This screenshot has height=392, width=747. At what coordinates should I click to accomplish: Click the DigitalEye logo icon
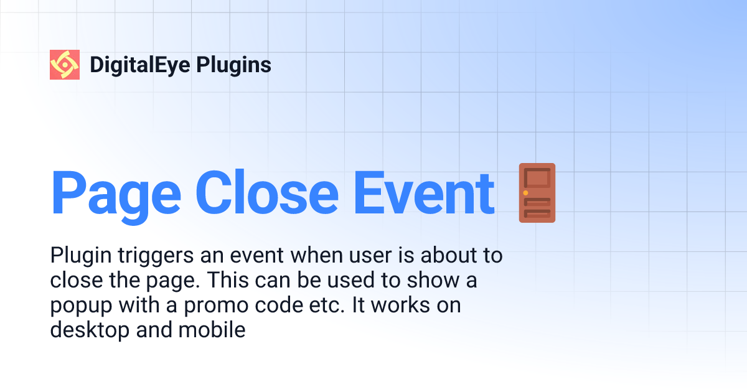[x=65, y=65]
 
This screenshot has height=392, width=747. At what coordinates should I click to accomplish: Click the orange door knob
[x=526, y=194]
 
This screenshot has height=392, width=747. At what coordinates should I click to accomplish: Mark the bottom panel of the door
[x=537, y=213]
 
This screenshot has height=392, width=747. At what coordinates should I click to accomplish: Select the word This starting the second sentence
[x=227, y=281]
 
